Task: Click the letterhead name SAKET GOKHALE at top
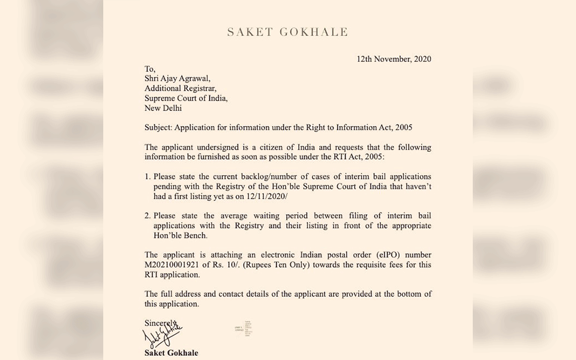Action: coord(287,32)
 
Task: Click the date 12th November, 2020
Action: coord(394,59)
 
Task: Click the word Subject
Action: coord(159,128)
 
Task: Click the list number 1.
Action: coord(147,177)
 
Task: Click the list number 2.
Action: coord(147,216)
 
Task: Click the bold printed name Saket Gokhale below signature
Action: coord(171,353)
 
